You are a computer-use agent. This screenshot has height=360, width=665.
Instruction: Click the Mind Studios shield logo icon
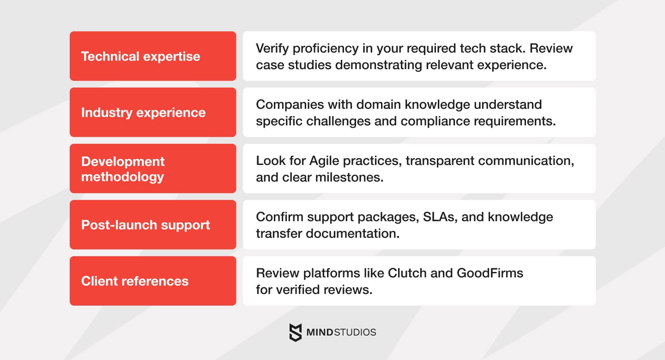pyautogui.click(x=296, y=332)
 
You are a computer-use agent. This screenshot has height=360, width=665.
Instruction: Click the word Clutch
pyautogui.click(x=408, y=273)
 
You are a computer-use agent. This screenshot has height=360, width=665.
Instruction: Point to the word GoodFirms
pyautogui.click(x=490, y=273)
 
